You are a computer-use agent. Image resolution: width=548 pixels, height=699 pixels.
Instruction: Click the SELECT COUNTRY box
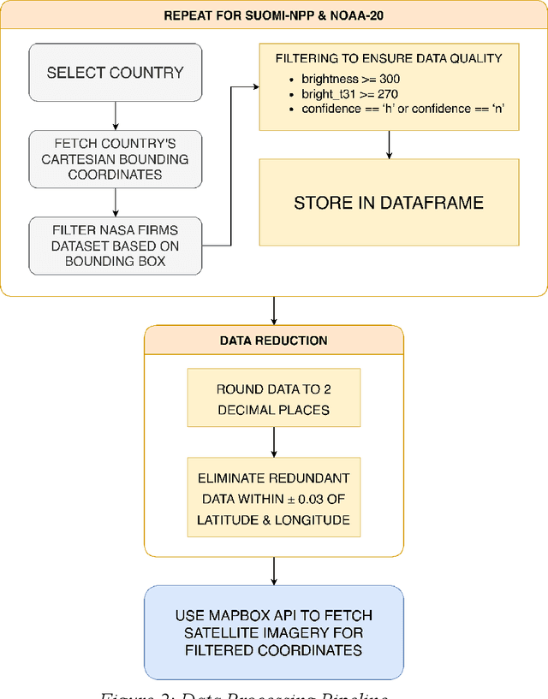[115, 73]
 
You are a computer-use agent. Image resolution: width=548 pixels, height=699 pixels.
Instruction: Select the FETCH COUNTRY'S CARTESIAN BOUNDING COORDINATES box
[115, 159]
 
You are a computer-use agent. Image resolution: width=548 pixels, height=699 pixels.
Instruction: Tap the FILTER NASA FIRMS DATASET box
[115, 246]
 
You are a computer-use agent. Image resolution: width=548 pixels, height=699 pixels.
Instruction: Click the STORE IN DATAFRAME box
[389, 203]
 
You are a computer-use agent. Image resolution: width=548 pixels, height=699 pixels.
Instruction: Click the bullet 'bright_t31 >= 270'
[337, 93]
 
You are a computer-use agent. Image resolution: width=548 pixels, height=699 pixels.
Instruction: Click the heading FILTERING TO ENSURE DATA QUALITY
[389, 59]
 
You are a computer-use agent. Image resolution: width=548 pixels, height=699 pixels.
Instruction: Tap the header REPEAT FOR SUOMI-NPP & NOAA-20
[273, 16]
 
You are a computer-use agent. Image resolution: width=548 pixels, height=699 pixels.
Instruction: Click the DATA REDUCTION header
[273, 340]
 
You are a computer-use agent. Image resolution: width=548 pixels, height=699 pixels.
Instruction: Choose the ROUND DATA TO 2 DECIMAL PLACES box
[273, 398]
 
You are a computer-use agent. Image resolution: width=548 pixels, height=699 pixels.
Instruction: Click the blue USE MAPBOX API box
[273, 632]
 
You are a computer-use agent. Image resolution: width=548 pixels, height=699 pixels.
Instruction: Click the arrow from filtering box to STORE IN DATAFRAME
[389, 145]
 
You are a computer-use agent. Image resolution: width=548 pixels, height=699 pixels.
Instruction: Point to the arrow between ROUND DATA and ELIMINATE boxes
[273, 441]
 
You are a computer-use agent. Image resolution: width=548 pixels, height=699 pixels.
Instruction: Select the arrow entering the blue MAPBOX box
[273, 571]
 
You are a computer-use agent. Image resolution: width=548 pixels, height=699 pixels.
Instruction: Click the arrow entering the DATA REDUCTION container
[273, 311]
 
